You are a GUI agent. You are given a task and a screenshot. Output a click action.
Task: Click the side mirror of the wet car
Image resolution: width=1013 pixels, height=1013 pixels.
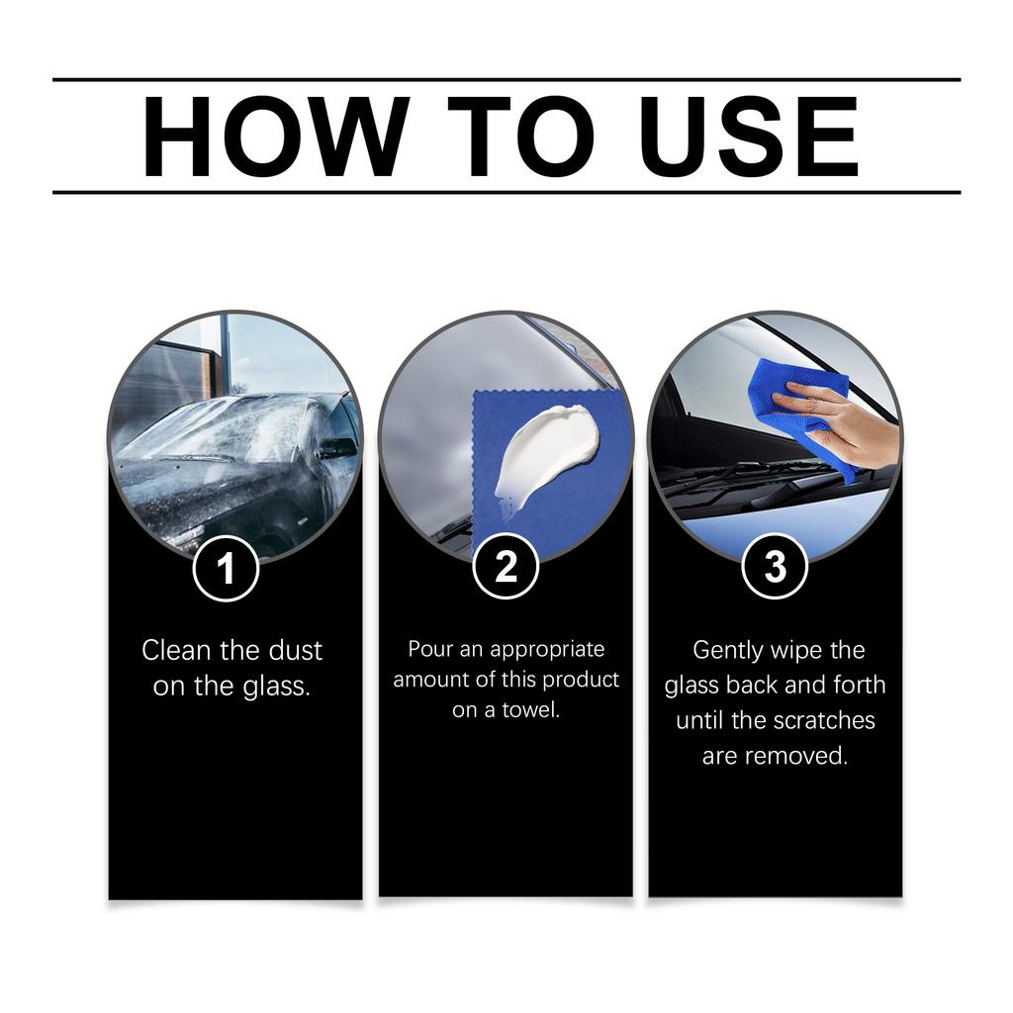[x=336, y=447]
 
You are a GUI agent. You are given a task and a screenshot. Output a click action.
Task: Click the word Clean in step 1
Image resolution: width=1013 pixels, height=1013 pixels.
[x=178, y=651]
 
